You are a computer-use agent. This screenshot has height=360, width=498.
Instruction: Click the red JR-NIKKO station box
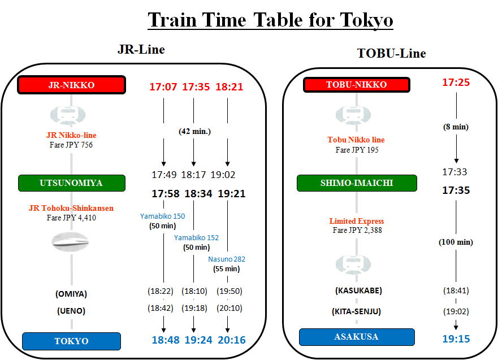coord(71,85)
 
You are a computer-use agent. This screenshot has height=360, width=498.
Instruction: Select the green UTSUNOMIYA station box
coord(71,183)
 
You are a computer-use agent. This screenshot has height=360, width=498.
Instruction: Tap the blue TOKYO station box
coord(71,341)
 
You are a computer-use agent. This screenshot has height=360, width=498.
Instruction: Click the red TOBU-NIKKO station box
coord(356,84)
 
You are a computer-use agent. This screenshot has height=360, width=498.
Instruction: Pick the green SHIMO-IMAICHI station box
coord(357,183)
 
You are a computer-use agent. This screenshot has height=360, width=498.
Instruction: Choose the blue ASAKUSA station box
coord(357,337)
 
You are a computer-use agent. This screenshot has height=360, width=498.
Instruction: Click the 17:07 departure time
coord(163,86)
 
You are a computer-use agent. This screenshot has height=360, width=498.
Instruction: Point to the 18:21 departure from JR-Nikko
coord(229,86)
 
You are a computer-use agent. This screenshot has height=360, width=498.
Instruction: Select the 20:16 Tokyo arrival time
coord(232,340)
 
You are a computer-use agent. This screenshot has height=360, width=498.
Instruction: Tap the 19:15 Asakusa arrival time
coord(456,339)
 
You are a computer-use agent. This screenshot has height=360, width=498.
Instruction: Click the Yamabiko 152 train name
coord(196,237)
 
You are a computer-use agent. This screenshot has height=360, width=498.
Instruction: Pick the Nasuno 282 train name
coord(227,259)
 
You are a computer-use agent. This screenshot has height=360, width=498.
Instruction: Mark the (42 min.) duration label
coord(194,131)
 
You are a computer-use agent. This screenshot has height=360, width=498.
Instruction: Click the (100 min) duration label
coord(456,242)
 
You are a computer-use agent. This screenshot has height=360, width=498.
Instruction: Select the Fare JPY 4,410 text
coord(71,218)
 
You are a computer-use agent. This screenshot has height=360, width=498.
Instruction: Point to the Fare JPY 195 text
coord(357,150)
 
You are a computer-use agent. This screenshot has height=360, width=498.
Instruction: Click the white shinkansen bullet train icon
coord(70,242)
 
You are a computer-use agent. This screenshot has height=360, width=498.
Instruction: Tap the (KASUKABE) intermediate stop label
coord(358,290)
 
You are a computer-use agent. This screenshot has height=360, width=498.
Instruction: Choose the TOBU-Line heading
coord(391,53)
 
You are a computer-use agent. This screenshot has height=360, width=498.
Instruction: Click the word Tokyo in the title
coord(366,20)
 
